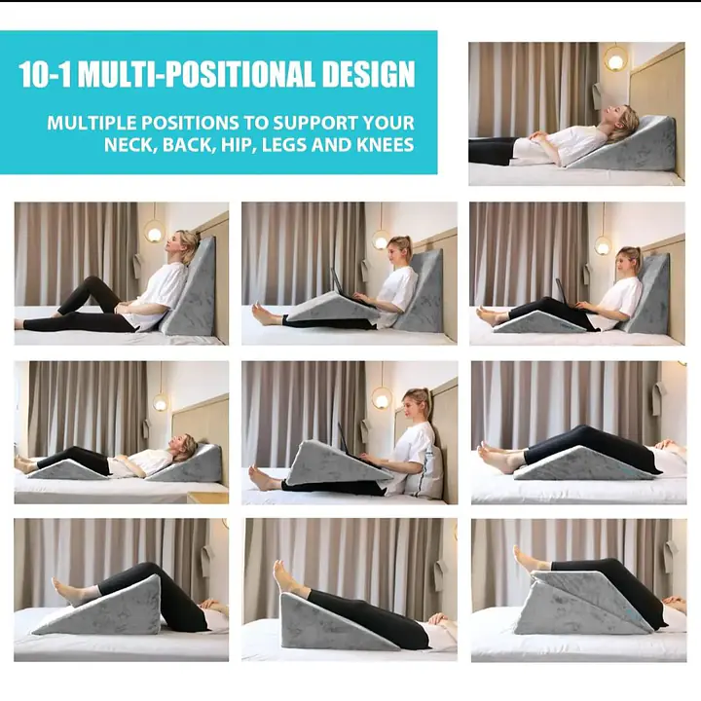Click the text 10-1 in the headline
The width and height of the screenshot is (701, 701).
click(46, 75)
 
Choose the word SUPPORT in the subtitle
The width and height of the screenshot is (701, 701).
click(316, 124)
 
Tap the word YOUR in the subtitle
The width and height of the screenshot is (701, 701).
click(388, 124)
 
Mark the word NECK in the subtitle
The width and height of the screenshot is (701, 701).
click(129, 145)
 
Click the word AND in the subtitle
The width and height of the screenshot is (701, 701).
click(336, 145)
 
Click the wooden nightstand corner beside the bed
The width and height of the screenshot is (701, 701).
click(206, 498)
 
